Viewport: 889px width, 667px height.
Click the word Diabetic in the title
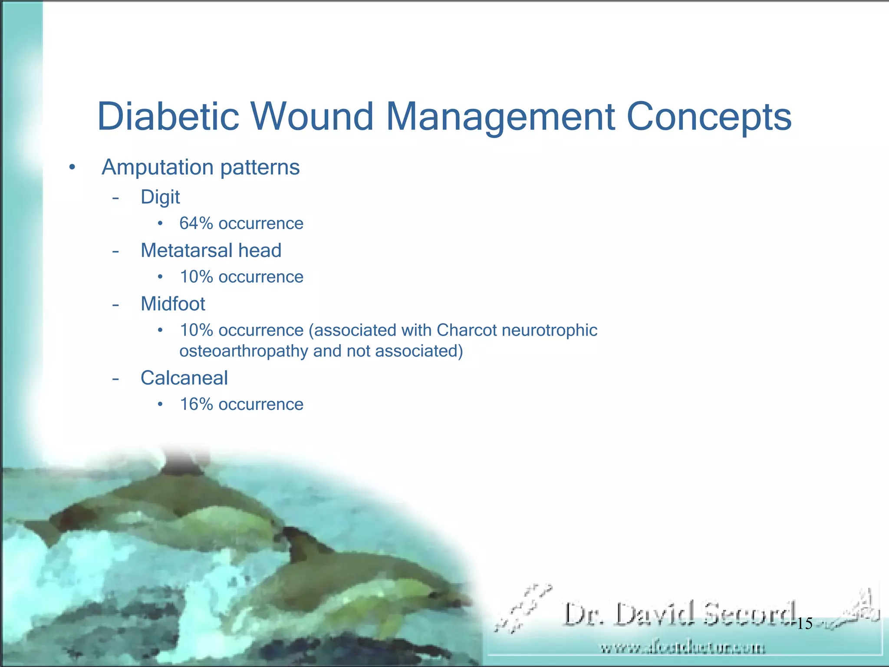point(168,116)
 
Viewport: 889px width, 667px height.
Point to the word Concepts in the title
point(709,116)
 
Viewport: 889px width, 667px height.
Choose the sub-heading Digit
point(160,198)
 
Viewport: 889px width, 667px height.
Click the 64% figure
point(196,224)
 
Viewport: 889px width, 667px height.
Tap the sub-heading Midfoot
point(173,304)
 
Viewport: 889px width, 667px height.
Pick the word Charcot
point(467,330)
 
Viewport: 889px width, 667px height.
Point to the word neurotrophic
point(550,330)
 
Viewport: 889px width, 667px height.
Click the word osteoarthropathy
point(244,351)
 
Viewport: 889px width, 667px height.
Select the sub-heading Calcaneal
point(184,378)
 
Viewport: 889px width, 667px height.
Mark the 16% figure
point(196,404)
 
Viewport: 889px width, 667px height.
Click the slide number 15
point(805,624)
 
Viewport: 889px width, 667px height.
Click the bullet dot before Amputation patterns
point(72,167)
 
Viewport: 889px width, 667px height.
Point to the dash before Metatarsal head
point(115,251)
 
